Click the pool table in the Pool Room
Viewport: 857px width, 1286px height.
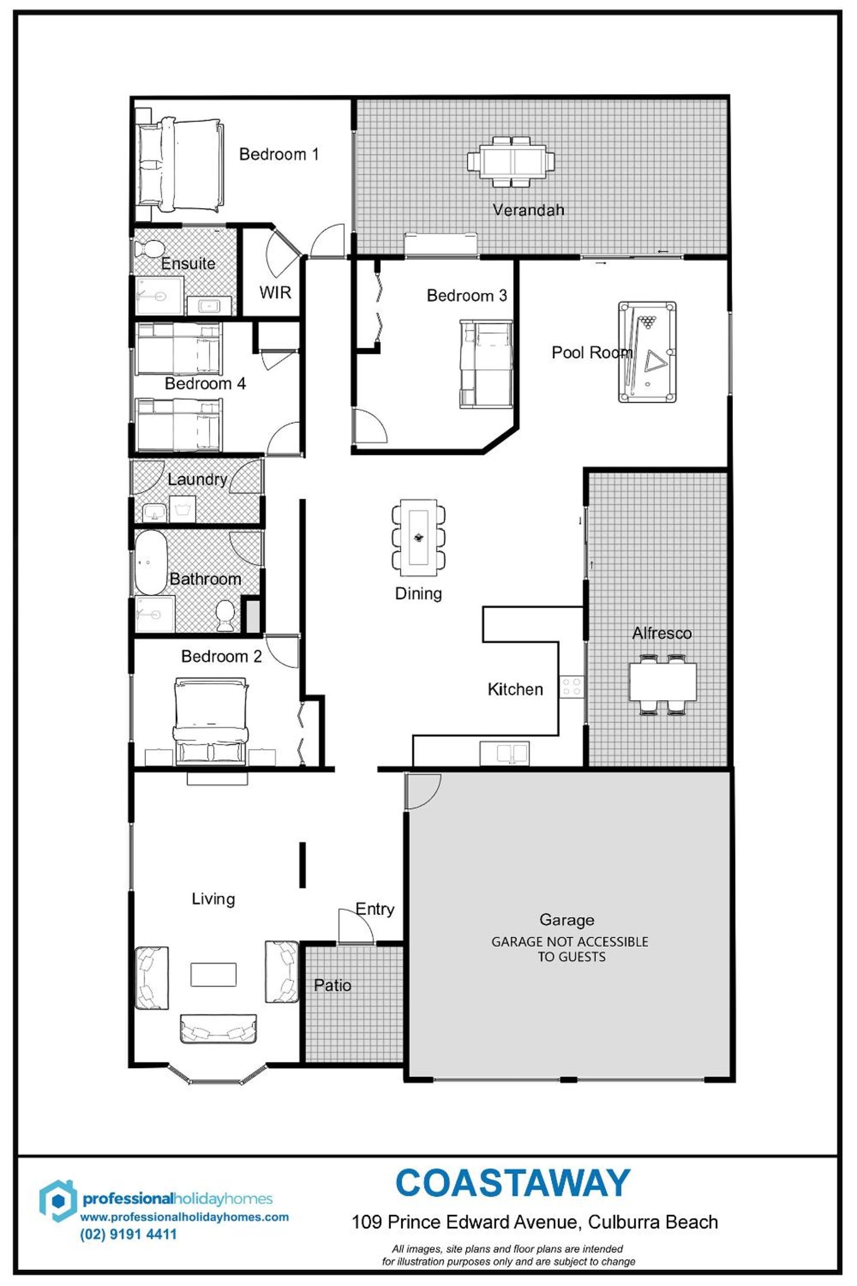647,352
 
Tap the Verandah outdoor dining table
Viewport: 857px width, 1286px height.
511,162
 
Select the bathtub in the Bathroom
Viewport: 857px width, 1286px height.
150,562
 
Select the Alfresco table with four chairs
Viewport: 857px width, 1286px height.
662,684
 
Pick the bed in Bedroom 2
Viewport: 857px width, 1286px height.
210,721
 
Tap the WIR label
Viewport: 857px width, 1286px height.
275,292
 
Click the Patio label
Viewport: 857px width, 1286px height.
332,985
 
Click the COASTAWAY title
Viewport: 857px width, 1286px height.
513,1184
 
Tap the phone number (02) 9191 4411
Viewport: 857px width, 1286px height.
129,1234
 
